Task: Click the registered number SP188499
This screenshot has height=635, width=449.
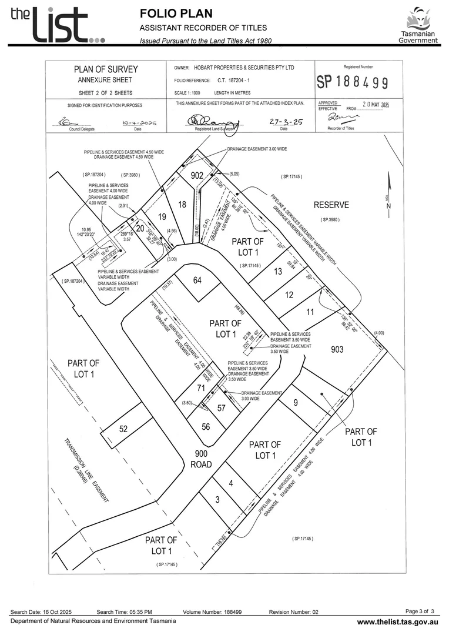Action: coord(352,82)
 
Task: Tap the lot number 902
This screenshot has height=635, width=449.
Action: coord(197,175)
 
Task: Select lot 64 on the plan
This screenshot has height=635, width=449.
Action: coord(197,280)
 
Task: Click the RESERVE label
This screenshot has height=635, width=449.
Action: coord(331,205)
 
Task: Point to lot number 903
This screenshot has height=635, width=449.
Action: coord(337,349)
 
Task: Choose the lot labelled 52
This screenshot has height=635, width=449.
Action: coord(123,429)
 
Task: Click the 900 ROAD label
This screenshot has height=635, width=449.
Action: coord(201,459)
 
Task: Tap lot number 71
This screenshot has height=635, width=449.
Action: coord(200,388)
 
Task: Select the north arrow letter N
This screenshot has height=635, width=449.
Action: coord(388,206)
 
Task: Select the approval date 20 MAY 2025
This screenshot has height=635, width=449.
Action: coord(376,105)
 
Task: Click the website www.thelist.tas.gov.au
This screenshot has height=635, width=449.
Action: coord(398,621)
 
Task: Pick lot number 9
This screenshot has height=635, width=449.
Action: coord(296,402)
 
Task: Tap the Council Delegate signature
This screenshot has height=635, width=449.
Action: coord(73,122)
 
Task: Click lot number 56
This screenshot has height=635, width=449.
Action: coord(206,427)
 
